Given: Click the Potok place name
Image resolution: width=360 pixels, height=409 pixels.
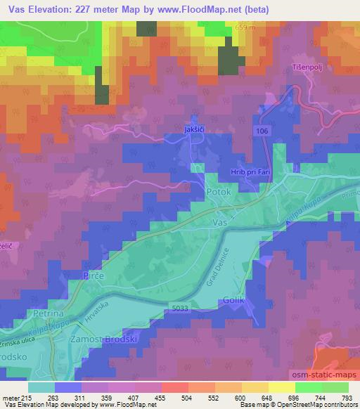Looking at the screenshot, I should coord(218,190).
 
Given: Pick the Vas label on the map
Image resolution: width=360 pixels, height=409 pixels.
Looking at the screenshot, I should coord(218,221).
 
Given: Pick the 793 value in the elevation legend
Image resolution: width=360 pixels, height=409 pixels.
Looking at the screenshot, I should coord(347,398).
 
